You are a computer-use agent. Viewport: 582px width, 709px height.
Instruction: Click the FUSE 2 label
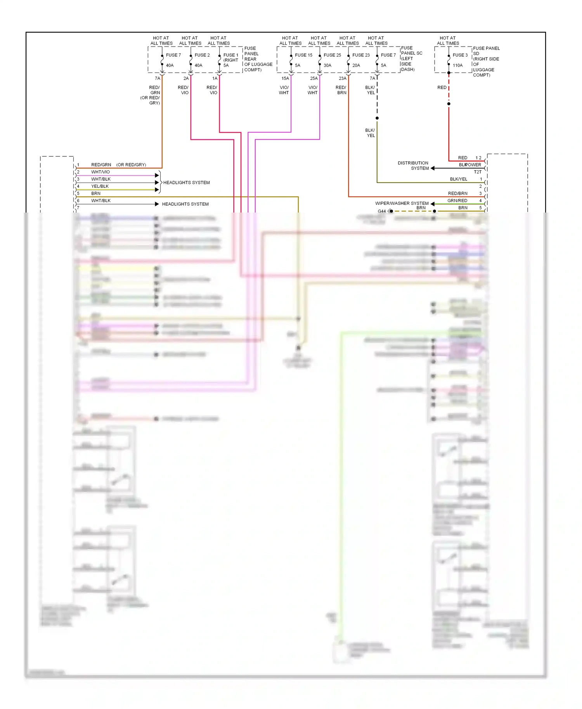coord(202,55)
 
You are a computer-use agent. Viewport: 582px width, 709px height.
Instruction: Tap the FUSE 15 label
coord(303,55)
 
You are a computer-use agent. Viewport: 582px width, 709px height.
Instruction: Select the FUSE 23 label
coord(361,55)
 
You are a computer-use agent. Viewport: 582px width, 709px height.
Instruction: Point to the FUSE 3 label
coord(460,55)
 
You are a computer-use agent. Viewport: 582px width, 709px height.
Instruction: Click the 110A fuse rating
coord(457,66)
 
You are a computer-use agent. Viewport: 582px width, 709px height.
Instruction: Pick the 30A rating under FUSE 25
coord(327,66)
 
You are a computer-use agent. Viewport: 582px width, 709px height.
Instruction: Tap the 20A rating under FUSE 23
coord(356,66)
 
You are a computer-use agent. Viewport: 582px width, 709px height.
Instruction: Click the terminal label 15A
coord(285,78)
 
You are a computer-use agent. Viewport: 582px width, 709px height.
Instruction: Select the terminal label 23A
coord(343,78)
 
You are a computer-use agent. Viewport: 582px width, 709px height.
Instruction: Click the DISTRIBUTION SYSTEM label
coord(413,166)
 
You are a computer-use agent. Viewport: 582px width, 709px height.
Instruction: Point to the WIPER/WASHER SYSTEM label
coord(402,203)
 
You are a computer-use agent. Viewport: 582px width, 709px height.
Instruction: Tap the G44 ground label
coord(382,211)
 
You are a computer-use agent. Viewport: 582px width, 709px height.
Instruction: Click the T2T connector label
coord(477,172)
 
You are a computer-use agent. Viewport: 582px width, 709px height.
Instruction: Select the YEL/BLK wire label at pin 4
coord(100,186)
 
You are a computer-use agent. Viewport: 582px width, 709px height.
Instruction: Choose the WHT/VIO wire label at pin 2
coord(100,172)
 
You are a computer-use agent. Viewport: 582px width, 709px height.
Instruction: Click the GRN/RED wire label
coord(457,201)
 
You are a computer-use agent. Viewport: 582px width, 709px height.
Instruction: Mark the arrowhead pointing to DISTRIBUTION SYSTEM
coord(433,168)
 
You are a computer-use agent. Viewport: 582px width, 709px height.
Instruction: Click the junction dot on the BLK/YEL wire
coord(377,118)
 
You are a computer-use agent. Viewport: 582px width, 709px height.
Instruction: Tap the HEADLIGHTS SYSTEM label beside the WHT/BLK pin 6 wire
coord(185,204)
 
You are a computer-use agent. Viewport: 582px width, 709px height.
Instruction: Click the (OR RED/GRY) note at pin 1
coord(131,165)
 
